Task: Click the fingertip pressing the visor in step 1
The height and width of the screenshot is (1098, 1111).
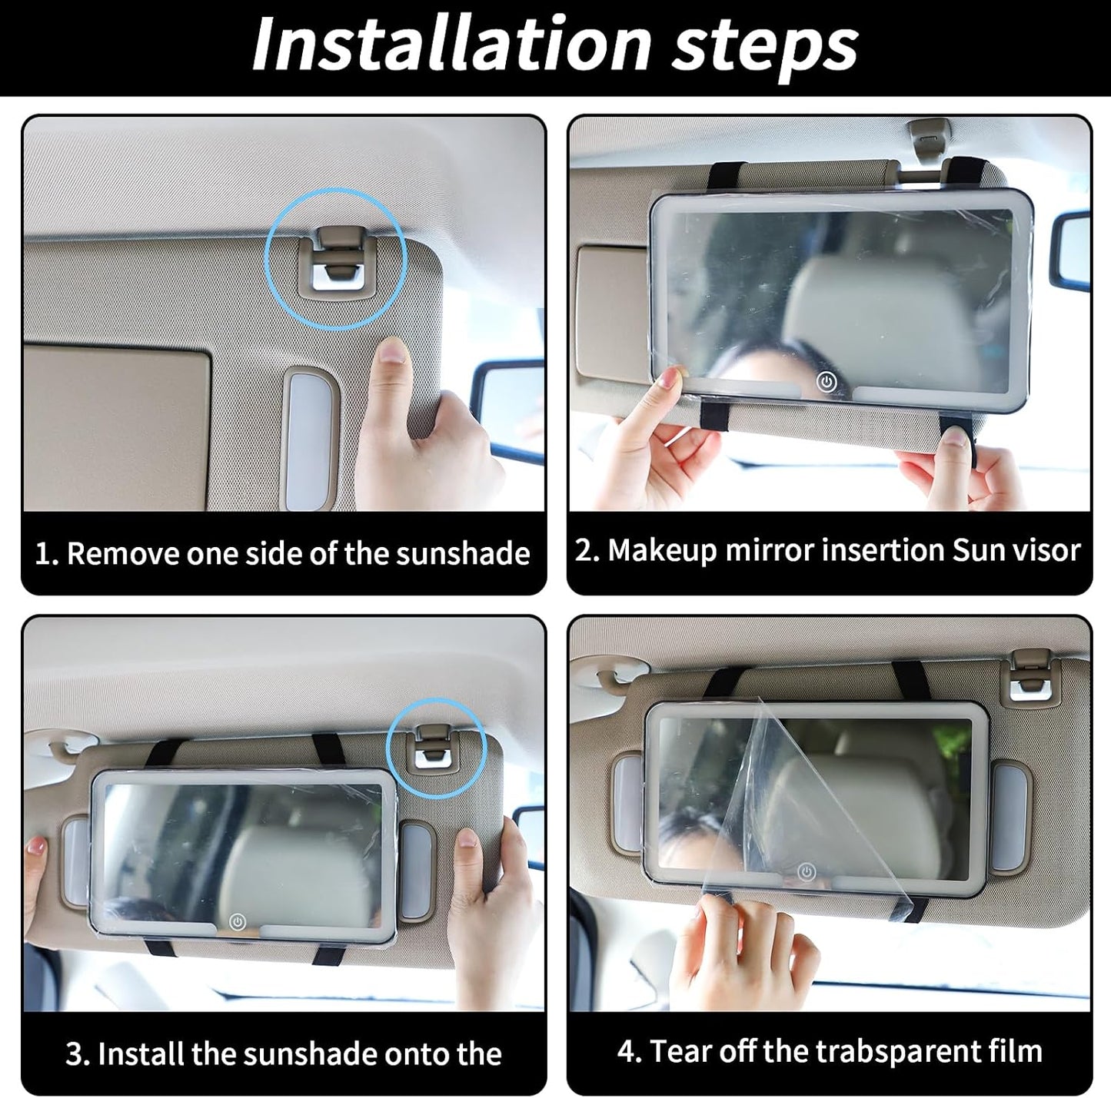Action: pyautogui.click(x=394, y=354)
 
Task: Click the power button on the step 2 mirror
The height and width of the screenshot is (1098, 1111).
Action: pyautogui.click(x=826, y=382)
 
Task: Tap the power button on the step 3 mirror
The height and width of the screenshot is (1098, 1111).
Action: pyautogui.click(x=238, y=921)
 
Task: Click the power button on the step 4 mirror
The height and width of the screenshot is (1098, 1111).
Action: pyautogui.click(x=806, y=872)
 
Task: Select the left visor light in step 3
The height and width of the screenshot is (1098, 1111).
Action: pyautogui.click(x=75, y=861)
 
